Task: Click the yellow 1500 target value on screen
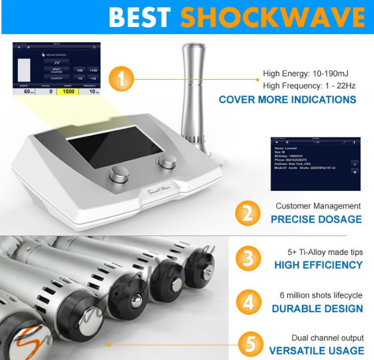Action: [68, 92]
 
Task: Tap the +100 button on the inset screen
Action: [93, 70]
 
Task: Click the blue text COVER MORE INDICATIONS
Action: [287, 99]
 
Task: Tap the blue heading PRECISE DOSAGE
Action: [316, 219]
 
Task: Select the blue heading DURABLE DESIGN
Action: [317, 308]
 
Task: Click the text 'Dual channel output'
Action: [328, 338]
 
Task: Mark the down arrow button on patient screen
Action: [355, 173]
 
